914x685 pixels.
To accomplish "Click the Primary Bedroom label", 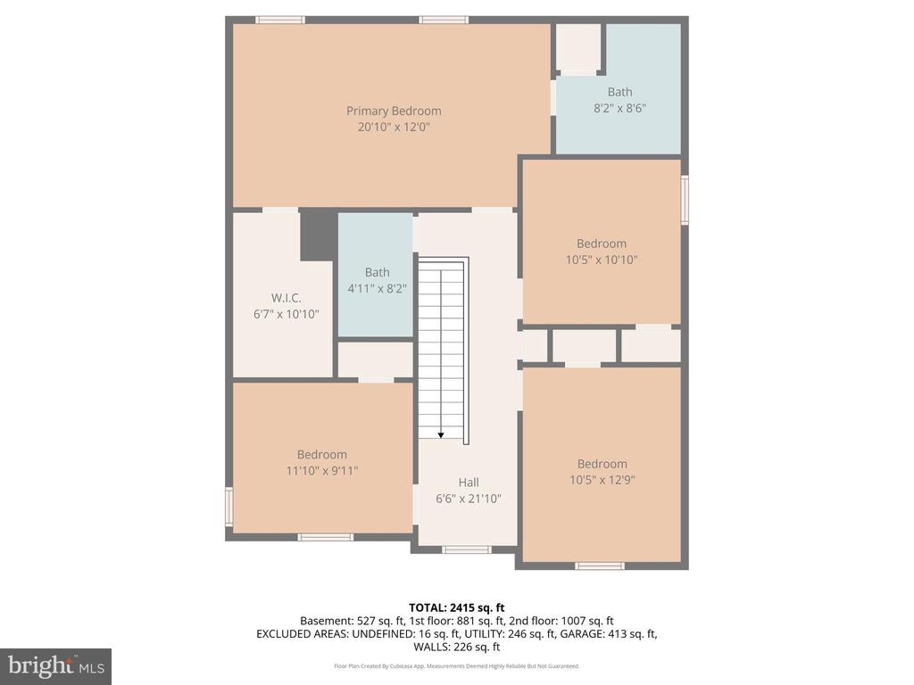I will pos(394,111).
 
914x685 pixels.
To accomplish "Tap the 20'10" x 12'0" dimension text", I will pos(394,128).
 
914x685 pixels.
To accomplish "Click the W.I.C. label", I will pos(287,298).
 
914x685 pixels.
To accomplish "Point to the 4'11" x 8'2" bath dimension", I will pos(377,289).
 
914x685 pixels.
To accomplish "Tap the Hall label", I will pos(469,483).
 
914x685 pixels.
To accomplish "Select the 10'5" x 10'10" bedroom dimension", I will pos(602,260).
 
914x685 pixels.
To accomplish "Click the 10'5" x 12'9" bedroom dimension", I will pos(602,480).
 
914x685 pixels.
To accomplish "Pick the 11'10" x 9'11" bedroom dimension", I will pos(322,471).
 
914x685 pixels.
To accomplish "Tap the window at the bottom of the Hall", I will pos(466,549).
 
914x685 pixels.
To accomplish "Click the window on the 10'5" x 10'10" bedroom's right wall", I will pos(685,199).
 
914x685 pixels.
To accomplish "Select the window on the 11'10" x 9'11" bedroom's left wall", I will pos(228,506).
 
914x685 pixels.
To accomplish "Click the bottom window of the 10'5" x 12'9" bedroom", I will pos(599,565).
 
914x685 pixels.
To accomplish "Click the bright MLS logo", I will pos(55,665).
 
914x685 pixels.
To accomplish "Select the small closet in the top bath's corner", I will pos(578,47).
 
